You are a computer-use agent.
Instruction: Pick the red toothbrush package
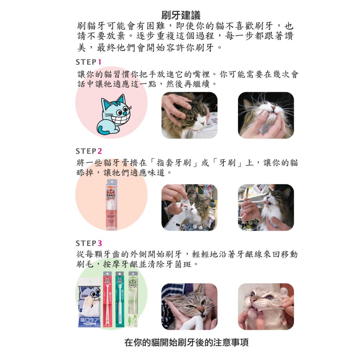coord(107,299)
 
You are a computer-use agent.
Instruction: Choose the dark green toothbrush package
coord(120,299)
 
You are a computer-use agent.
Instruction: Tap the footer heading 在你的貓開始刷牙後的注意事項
coord(186,342)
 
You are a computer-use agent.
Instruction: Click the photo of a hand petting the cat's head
coord(189,115)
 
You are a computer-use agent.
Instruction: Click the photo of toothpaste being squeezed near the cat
coord(189,207)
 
